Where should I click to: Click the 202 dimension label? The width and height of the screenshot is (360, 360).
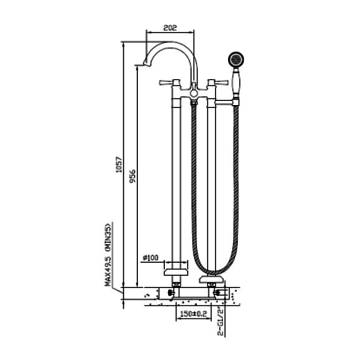(170, 27)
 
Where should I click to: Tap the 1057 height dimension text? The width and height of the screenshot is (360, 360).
(119, 164)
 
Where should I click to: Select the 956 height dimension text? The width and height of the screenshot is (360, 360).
(132, 176)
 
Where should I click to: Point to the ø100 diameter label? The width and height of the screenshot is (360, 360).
(151, 257)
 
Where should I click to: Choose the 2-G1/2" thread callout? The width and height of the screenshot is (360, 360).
(220, 322)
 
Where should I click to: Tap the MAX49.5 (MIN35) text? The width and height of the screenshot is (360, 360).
(108, 255)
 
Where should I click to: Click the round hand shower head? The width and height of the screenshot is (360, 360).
(236, 59)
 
